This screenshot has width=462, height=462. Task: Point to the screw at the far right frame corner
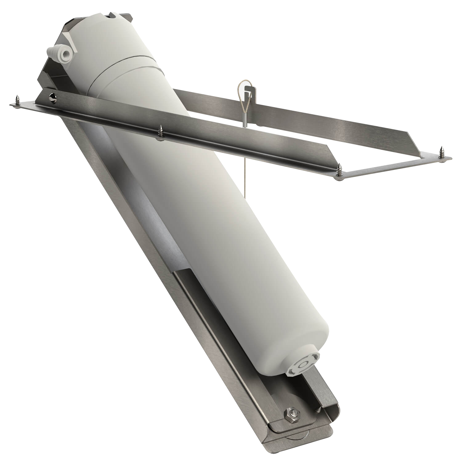(x=443, y=152)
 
